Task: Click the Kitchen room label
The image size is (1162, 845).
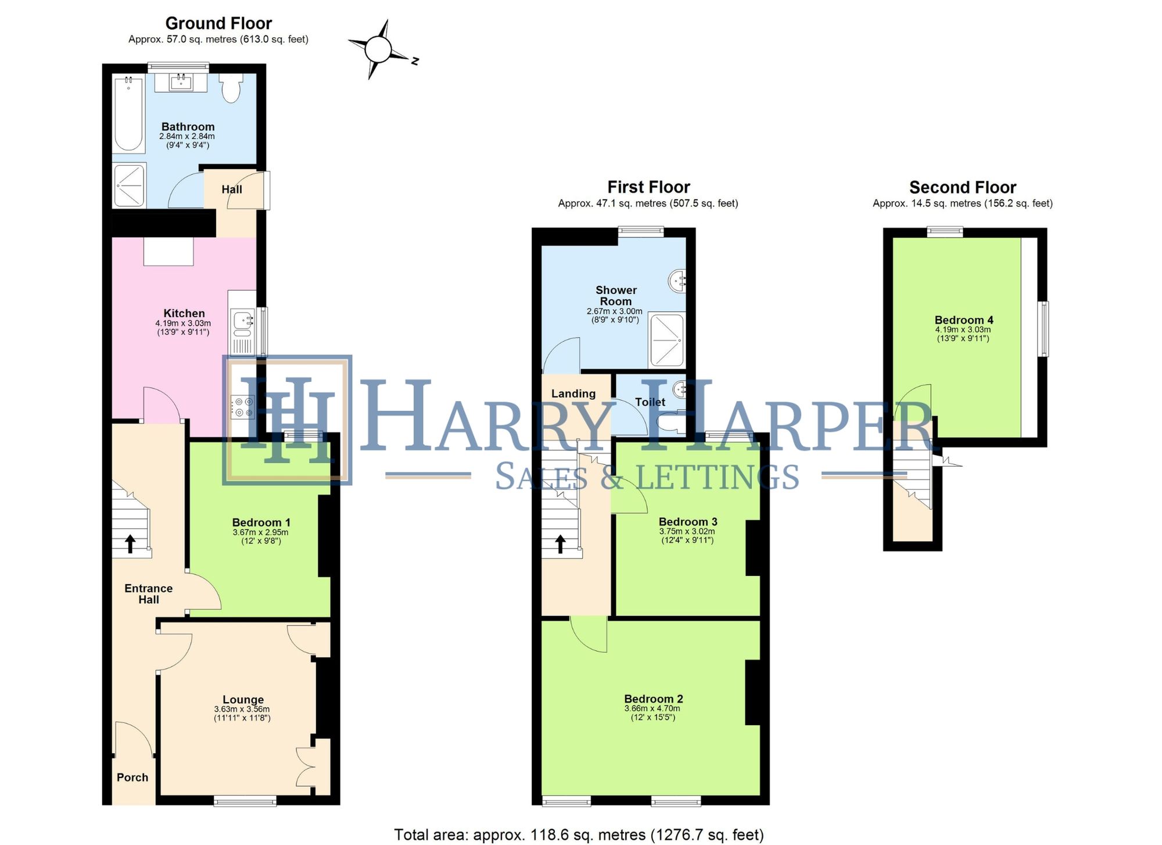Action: pyautogui.click(x=184, y=313)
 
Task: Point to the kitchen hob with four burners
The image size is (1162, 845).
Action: pyautogui.click(x=242, y=406)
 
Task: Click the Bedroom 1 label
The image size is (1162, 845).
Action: pyautogui.click(x=261, y=522)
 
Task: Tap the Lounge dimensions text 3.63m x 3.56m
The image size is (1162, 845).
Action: pyautogui.click(x=242, y=709)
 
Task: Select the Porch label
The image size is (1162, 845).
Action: pyautogui.click(x=132, y=778)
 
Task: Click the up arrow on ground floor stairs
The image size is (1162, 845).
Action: pyautogui.click(x=130, y=544)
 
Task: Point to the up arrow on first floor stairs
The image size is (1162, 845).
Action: pyautogui.click(x=560, y=544)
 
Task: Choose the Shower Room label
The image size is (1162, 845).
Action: pyautogui.click(x=616, y=295)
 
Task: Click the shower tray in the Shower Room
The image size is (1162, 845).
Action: pyautogui.click(x=666, y=340)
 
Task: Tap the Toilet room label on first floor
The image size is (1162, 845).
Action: pyautogui.click(x=650, y=402)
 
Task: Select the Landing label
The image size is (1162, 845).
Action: pyautogui.click(x=573, y=393)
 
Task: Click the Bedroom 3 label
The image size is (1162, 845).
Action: pyautogui.click(x=688, y=521)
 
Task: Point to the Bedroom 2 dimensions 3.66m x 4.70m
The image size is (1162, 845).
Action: pyautogui.click(x=652, y=708)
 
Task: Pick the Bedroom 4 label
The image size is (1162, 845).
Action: pyautogui.click(x=963, y=320)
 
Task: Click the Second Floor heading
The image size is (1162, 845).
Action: pyautogui.click(x=962, y=188)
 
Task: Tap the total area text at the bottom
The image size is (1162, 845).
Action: pyautogui.click(x=579, y=835)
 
